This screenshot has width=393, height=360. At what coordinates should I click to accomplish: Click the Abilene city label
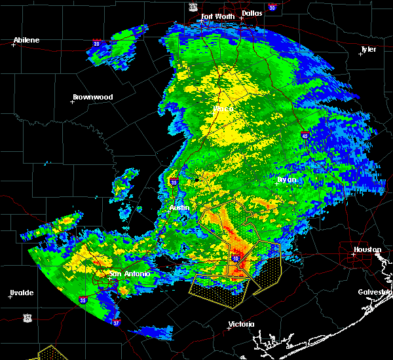click(x=26, y=40)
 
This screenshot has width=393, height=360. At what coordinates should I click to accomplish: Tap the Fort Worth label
click(x=217, y=16)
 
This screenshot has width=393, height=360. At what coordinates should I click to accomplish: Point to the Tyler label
click(x=368, y=49)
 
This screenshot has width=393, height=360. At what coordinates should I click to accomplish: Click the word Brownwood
click(x=92, y=97)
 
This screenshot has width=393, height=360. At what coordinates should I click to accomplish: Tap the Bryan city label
click(x=286, y=179)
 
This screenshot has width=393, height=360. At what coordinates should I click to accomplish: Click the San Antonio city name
click(x=129, y=274)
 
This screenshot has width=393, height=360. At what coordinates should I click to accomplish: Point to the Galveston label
click(x=374, y=292)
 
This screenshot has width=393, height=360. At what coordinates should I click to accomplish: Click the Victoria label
click(x=241, y=324)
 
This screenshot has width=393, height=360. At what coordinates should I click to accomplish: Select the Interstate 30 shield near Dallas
click(x=272, y=7)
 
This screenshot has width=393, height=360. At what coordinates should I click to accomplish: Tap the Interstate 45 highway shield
click(x=305, y=135)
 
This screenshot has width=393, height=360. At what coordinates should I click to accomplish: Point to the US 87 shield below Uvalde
click(x=27, y=317)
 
